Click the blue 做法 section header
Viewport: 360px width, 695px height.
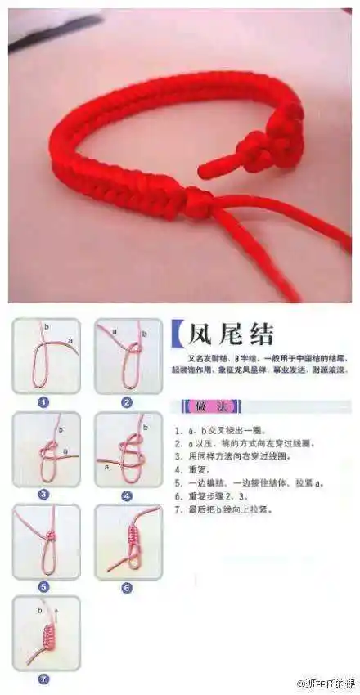click(201, 406)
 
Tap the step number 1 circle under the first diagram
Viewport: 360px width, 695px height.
click(44, 402)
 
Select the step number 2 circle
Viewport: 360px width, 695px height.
click(127, 402)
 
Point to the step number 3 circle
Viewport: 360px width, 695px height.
click(44, 494)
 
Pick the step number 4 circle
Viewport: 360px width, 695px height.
click(127, 495)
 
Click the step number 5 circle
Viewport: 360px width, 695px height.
click(44, 586)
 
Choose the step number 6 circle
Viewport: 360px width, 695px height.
click(127, 587)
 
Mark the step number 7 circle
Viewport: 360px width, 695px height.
click(44, 679)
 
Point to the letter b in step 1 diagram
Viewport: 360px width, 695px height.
click(46, 325)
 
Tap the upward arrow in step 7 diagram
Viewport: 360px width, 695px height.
click(60, 610)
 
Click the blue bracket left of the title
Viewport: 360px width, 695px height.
click(177, 334)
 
